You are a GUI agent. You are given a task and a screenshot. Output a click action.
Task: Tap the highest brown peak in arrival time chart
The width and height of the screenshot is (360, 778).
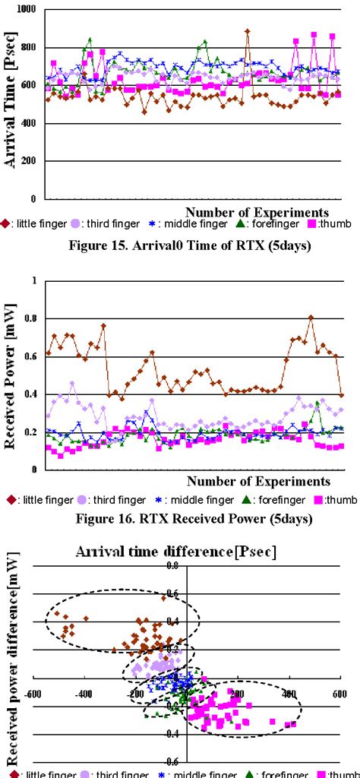[x=248, y=32]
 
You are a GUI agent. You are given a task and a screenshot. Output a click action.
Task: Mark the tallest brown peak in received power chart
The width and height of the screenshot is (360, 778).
[x=311, y=318]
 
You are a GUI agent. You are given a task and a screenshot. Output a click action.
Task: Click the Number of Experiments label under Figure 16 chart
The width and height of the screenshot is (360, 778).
[x=258, y=481]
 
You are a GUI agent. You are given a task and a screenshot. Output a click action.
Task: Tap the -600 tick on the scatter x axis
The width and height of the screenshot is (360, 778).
[x=31, y=694]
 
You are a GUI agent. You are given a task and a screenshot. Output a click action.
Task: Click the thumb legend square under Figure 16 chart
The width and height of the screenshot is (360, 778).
[x=320, y=500]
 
